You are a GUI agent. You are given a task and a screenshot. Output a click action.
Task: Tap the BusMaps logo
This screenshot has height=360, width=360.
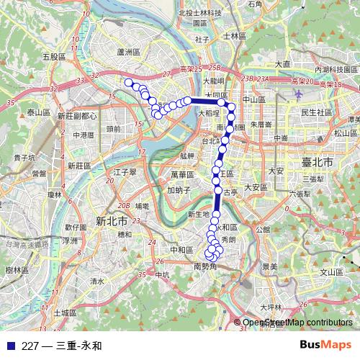coord(325,345)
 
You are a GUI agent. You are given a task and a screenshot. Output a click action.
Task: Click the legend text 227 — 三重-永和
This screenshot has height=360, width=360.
coord(62,346)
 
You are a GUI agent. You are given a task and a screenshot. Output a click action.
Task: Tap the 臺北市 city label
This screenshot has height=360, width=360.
coord(318,163)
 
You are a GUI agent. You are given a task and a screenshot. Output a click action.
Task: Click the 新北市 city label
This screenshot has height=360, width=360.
coord(112,220)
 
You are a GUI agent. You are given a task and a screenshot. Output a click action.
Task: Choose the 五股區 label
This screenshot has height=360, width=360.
coord(54,56)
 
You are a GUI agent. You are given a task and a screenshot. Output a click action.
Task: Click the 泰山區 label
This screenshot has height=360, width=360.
coord(37,112)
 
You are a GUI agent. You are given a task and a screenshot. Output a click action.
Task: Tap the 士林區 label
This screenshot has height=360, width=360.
coord(235,35)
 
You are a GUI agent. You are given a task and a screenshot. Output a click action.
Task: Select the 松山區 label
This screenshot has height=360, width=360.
coord(345,133)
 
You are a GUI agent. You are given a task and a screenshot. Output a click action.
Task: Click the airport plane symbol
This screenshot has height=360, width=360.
coord(298,92)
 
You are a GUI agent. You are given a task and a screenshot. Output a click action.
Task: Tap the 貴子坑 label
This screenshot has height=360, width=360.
coord(24,156)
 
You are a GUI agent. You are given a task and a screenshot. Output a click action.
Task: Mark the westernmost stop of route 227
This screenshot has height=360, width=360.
coord(129,83)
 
